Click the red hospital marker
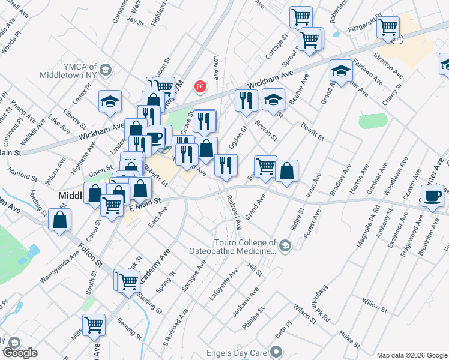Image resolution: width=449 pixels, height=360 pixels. click(x=199, y=88)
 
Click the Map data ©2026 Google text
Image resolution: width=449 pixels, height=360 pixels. click(x=412, y=355)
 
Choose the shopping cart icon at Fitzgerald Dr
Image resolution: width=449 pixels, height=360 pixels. click(x=388, y=26)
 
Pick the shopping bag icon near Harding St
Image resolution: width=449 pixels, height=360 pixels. click(x=60, y=219)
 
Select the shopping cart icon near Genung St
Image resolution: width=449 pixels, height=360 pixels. click(x=94, y=325)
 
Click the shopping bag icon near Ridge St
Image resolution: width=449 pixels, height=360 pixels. click(x=288, y=170)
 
